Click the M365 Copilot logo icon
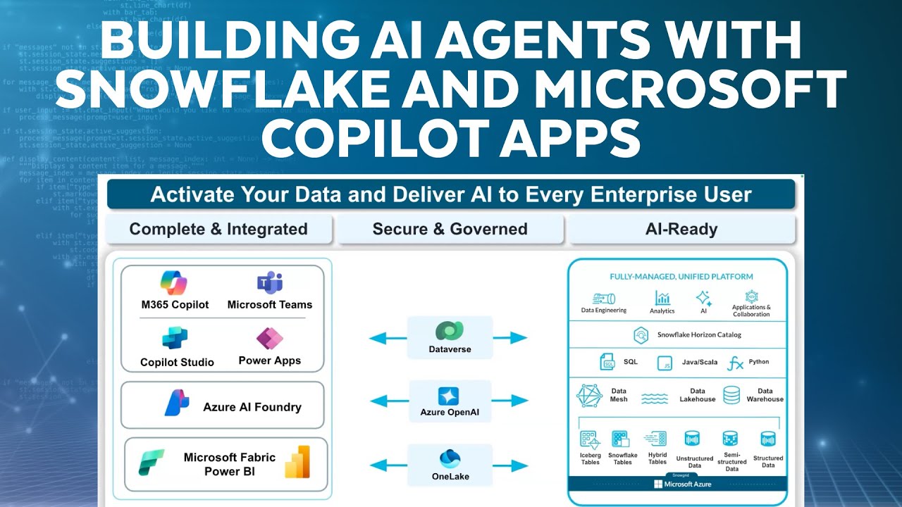[174, 283]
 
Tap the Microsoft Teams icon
[269, 283]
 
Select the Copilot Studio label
[177, 362]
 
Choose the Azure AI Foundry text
[252, 407]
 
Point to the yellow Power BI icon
[297, 462]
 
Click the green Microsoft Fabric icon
[152, 463]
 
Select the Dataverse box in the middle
[450, 337]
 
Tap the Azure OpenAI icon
[449, 396]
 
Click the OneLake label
[450, 477]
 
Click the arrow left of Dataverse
[387, 339]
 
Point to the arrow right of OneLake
[510, 465]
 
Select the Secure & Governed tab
[450, 230]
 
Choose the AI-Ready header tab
[681, 230]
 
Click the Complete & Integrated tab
[218, 230]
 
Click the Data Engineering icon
[604, 298]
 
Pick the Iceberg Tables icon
[590, 440]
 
